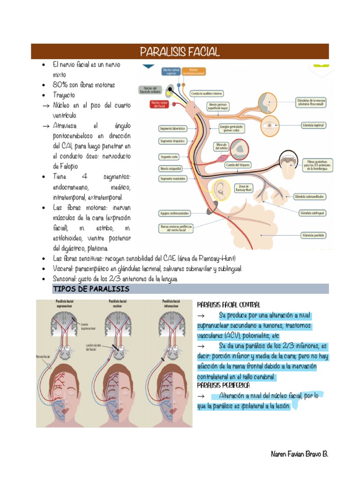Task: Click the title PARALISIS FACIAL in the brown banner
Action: [x=180, y=52]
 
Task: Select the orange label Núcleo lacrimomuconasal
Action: [x=193, y=72]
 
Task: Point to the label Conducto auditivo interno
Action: [x=206, y=93]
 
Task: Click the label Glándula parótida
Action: [x=313, y=235]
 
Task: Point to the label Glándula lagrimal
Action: [x=313, y=126]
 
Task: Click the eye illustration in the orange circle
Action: [x=269, y=126]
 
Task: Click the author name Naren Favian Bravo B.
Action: [x=300, y=455]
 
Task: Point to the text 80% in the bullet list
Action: [x=60, y=85]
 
